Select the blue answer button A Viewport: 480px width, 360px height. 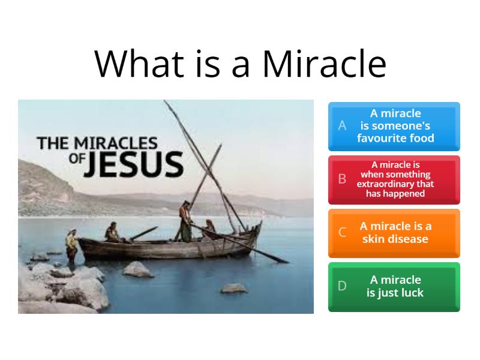point(394,126)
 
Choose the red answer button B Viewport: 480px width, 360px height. point(394,179)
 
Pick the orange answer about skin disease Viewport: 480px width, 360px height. point(394,233)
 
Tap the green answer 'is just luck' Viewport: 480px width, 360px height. point(394,286)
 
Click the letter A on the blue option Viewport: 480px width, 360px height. point(343,126)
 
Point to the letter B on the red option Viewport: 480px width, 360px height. point(343,179)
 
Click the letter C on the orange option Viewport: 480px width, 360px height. point(343,233)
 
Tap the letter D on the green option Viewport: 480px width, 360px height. point(343,286)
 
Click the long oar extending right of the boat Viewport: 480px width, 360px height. point(264,252)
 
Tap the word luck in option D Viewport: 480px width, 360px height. point(412,293)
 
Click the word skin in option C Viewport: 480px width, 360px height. point(376,239)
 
